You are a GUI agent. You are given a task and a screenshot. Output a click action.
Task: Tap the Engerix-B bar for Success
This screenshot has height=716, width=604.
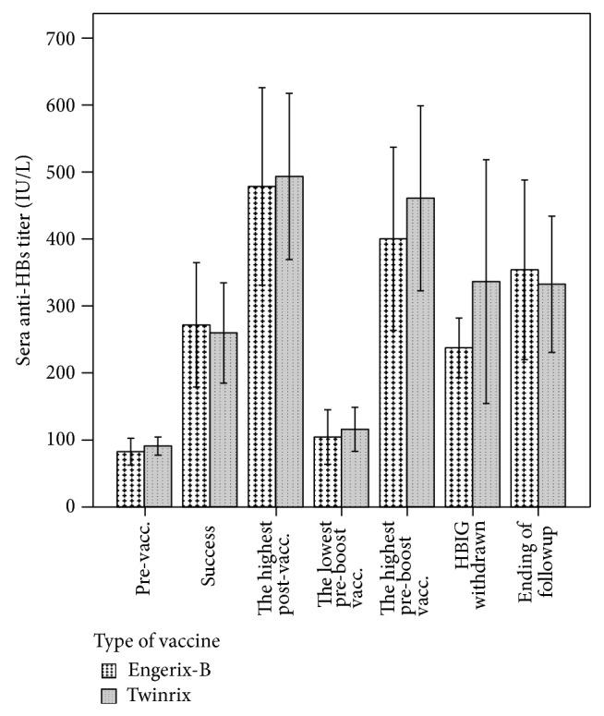(x=195, y=416)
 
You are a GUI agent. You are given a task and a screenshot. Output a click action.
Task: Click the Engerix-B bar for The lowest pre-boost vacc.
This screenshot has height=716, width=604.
(x=326, y=471)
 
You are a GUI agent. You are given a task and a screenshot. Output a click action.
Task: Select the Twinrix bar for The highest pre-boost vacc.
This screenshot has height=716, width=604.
(x=420, y=352)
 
